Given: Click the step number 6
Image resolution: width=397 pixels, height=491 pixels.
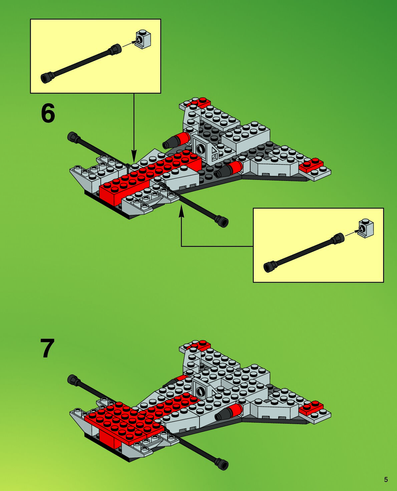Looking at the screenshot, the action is (x=48, y=113).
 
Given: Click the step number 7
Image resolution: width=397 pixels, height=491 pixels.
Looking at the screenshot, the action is (x=47, y=348).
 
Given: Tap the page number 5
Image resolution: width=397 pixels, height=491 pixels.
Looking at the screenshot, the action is (x=386, y=480).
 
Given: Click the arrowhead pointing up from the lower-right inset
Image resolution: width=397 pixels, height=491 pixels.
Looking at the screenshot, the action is (x=181, y=211).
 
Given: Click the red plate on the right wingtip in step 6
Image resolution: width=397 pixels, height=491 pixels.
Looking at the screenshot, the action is (x=311, y=165).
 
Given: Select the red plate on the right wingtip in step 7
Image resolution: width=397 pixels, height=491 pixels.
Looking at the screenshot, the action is (x=311, y=408).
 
